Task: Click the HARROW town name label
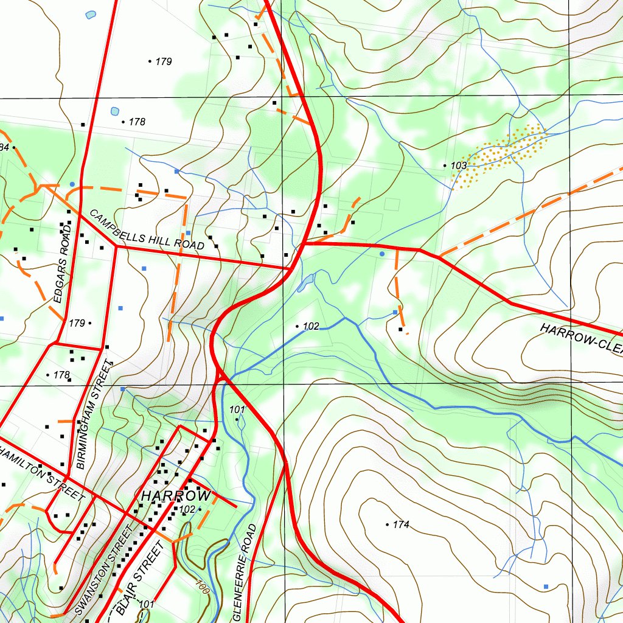176,496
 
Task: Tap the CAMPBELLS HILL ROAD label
147,230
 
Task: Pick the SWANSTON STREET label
104,570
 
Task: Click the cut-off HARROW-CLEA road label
580,336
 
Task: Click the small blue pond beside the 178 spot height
115,111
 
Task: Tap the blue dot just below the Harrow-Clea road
381,253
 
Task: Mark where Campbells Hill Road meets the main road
291,267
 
